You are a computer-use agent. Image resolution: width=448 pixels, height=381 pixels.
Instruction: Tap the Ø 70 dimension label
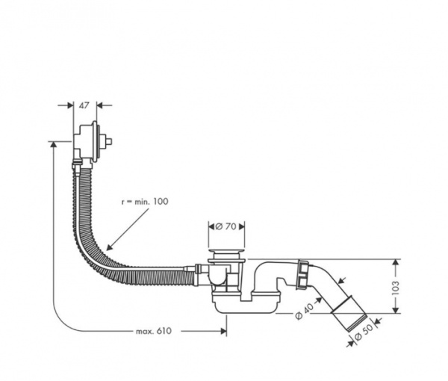pos(226,225)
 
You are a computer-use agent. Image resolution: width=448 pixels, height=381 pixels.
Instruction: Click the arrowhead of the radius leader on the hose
pos(109,247)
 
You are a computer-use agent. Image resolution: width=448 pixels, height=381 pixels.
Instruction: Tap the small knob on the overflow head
pos(109,140)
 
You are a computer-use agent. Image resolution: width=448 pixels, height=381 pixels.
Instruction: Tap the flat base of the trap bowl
pos(246,306)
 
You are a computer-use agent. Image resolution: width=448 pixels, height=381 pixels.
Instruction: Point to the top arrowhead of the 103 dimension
pos(395,262)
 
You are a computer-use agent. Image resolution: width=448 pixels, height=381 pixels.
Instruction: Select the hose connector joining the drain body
pos(197,273)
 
